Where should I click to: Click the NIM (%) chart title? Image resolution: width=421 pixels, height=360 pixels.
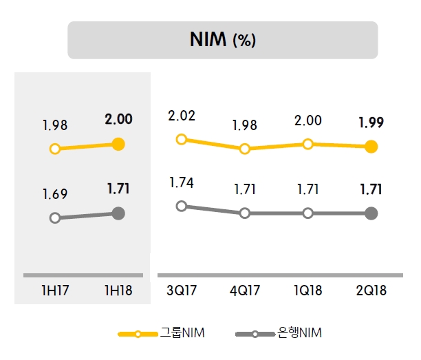point(222,40)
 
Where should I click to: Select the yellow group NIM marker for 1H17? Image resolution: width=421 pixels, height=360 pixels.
point(55,148)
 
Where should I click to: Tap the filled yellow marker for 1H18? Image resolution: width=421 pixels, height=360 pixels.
point(118,144)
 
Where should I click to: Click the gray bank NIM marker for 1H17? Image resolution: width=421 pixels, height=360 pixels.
point(55,218)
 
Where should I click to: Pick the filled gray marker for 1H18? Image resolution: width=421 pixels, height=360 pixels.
point(118,213)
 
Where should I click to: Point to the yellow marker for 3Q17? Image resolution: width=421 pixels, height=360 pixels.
point(182,139)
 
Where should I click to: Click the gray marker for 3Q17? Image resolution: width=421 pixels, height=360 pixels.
point(182,206)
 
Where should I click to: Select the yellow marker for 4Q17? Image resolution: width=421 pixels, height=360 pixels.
point(244,149)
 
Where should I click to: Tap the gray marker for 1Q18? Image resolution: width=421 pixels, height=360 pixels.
point(307,213)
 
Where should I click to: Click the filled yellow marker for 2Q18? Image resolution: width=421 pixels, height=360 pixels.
point(371,147)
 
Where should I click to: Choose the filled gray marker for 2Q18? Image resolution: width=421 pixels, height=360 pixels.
point(371,213)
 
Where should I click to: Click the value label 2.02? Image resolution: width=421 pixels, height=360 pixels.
point(182,116)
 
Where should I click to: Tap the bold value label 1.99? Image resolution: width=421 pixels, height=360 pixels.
point(371,123)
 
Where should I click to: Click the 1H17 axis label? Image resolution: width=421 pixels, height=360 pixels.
point(55,290)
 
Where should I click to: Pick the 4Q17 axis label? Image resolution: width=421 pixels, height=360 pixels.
point(244,290)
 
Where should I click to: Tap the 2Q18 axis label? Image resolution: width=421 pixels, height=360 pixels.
point(371,290)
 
